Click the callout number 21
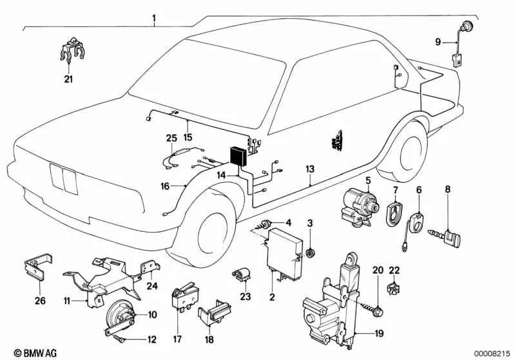(68, 79)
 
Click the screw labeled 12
(121, 338)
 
